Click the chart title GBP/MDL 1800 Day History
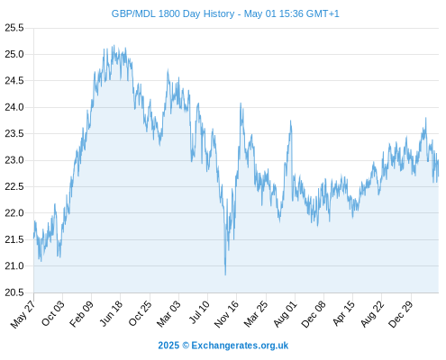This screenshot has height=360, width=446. (x=173, y=13)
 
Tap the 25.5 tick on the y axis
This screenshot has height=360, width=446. (x=14, y=28)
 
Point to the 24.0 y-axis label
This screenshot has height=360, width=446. (x=14, y=107)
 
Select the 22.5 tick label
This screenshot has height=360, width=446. (x=14, y=186)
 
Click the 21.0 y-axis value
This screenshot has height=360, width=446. (x=14, y=265)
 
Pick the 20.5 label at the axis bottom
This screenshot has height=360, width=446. (x=14, y=292)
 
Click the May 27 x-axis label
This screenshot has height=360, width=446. (x=23, y=314)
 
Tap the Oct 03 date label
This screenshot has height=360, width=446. (x=53, y=313)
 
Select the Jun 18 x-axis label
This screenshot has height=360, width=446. (x=111, y=313)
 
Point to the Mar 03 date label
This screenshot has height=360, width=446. (x=168, y=313)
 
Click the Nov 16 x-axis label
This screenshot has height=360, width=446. (x=226, y=314)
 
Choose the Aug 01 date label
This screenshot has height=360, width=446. (x=285, y=313)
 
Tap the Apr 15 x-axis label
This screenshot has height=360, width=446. (x=343, y=313)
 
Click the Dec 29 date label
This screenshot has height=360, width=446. (x=401, y=314)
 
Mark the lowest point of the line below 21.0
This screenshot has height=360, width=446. (x=225, y=274)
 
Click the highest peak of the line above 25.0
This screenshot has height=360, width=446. (x=114, y=45)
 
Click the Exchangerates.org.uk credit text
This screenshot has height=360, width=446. (x=240, y=346)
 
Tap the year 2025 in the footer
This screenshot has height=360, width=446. (x=168, y=346)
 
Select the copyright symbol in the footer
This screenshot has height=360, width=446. (x=186, y=346)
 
